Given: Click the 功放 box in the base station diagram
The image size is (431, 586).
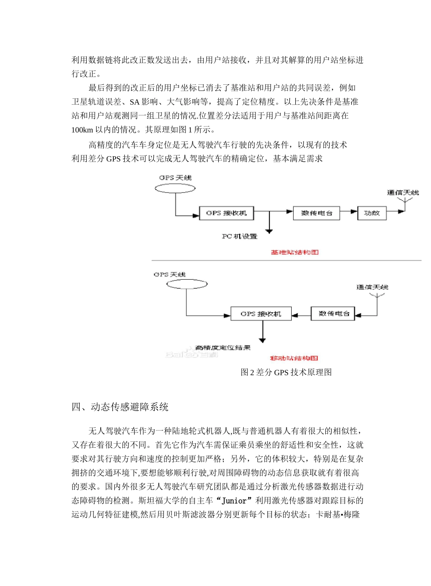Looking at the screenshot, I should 372,213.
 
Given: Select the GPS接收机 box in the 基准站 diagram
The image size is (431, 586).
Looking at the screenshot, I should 226,213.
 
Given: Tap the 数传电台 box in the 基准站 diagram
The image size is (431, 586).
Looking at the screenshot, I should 316,213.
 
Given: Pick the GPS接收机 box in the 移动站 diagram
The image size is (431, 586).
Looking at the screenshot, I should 260,314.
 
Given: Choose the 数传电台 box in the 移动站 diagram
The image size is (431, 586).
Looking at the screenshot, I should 333,314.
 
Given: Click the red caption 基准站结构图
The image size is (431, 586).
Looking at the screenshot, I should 295,252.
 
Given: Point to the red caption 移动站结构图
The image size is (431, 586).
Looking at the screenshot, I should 294,358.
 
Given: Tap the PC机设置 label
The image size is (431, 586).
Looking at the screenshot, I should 240,237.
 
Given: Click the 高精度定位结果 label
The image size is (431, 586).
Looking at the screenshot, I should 223,348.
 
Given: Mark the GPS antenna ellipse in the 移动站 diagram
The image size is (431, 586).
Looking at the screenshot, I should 186,285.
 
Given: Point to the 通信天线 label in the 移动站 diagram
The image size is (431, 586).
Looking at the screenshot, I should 372,287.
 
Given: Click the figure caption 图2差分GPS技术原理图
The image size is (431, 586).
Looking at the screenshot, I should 286,373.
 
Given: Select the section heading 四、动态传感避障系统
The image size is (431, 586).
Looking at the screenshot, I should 120,407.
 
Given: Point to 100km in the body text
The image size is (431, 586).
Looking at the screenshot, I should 82,130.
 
